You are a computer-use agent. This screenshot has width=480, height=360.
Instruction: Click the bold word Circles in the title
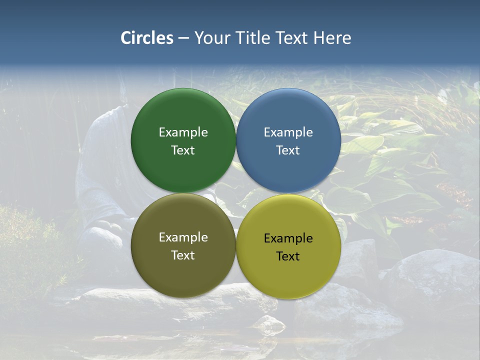tap(147, 38)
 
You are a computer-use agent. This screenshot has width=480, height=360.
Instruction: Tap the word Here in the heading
tap(332, 38)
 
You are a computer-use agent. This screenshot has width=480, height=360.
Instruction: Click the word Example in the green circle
tap(183, 132)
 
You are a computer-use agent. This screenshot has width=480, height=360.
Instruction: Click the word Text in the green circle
tap(183, 150)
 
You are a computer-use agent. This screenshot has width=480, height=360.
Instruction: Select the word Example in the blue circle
tap(288, 132)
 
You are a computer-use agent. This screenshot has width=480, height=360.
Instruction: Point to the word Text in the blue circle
tap(288, 150)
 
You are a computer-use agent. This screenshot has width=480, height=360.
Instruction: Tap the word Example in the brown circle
tap(183, 237)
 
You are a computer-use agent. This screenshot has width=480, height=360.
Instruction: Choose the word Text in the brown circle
tap(183, 255)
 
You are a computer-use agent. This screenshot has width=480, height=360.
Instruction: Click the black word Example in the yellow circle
tap(288, 238)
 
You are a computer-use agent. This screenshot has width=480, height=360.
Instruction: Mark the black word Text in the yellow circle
tap(288, 256)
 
